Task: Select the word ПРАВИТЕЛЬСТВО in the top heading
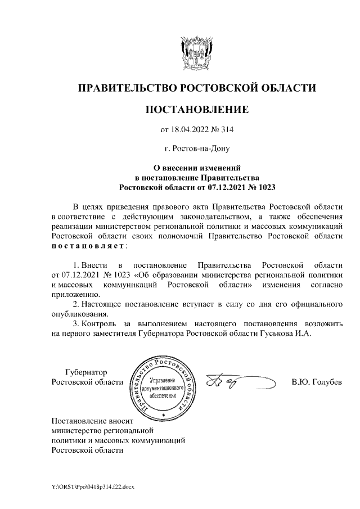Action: pos(127,88)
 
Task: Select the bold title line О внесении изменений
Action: pos(197,167)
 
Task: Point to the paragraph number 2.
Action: pos(76,304)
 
